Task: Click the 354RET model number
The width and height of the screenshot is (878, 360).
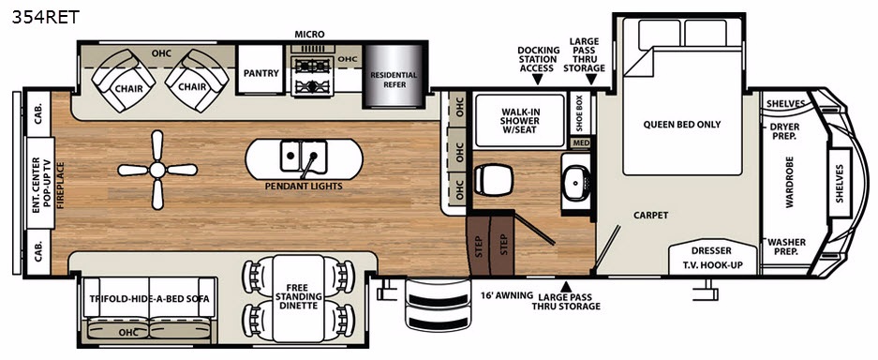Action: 46,17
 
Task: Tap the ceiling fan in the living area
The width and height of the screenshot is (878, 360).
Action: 157,170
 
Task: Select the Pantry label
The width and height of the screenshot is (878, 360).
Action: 260,73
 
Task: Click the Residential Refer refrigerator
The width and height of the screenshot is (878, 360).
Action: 393,77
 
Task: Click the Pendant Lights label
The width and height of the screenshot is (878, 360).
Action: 304,186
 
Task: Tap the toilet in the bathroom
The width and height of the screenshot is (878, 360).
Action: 493,180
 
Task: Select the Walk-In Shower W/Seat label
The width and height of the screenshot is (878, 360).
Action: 520,120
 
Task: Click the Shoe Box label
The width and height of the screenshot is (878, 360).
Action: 580,113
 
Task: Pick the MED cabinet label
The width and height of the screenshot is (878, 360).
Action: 581,142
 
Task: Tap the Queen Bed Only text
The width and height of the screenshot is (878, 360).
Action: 682,125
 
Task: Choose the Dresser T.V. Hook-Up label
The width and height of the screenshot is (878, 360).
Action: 713,258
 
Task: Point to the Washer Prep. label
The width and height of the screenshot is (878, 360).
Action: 787,247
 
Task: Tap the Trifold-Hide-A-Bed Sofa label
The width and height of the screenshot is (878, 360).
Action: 150,298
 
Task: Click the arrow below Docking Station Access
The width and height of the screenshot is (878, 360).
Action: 538,80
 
